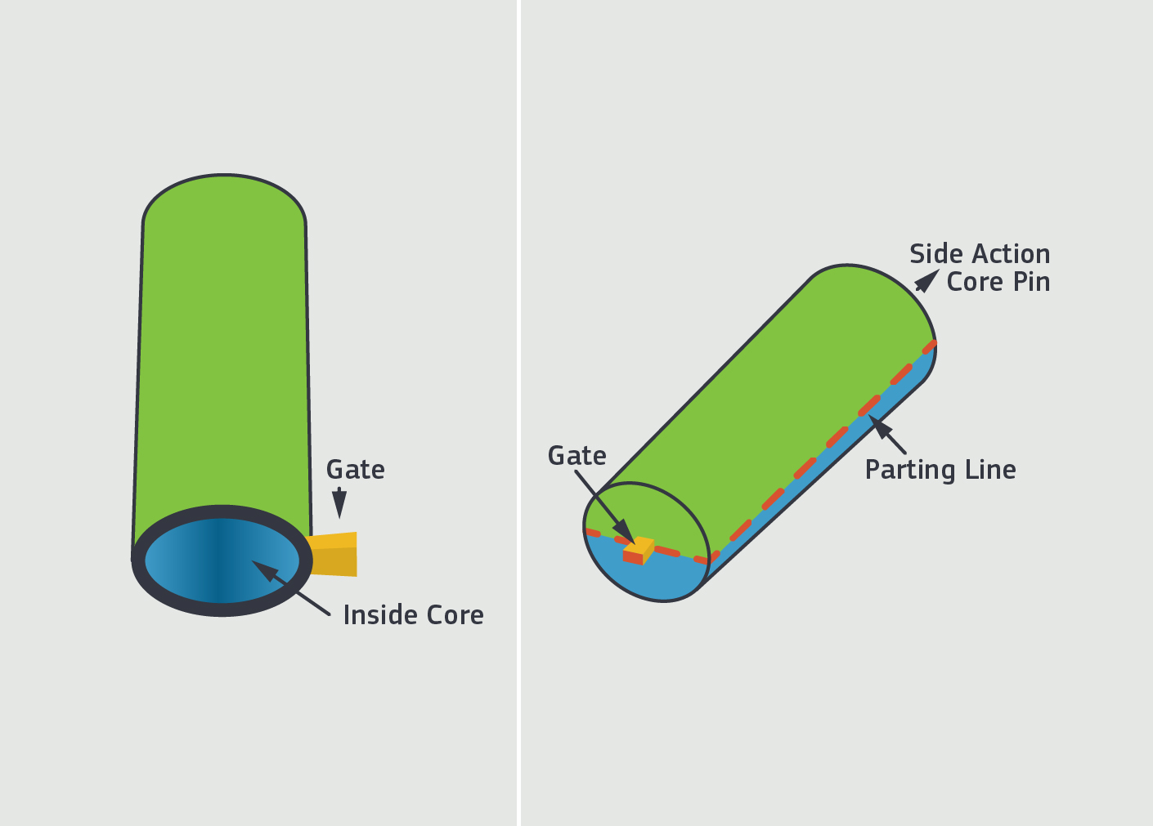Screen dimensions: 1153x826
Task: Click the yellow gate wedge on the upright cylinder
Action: pyautogui.click(x=333, y=554)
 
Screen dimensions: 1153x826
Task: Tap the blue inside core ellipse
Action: pyautogui.click(x=222, y=560)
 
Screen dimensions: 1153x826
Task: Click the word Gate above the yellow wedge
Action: pyautogui.click(x=355, y=470)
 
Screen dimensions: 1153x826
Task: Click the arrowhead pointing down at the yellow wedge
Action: pyautogui.click(x=339, y=503)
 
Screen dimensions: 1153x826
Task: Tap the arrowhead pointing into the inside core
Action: pyautogui.click(x=265, y=571)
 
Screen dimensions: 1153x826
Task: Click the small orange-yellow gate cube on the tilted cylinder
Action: pyautogui.click(x=639, y=551)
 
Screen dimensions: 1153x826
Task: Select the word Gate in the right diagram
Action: pyautogui.click(x=577, y=456)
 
